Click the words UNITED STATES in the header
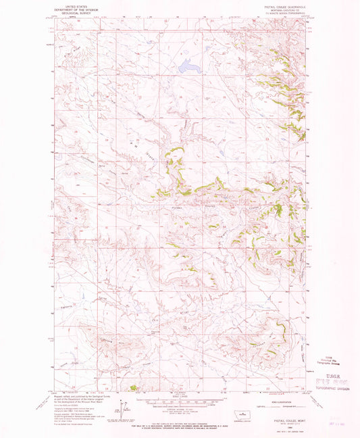(70, 3)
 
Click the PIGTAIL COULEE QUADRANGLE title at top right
(284, 3)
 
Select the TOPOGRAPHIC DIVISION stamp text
(331, 390)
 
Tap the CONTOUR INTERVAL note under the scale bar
(180, 409)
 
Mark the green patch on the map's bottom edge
(133, 388)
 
